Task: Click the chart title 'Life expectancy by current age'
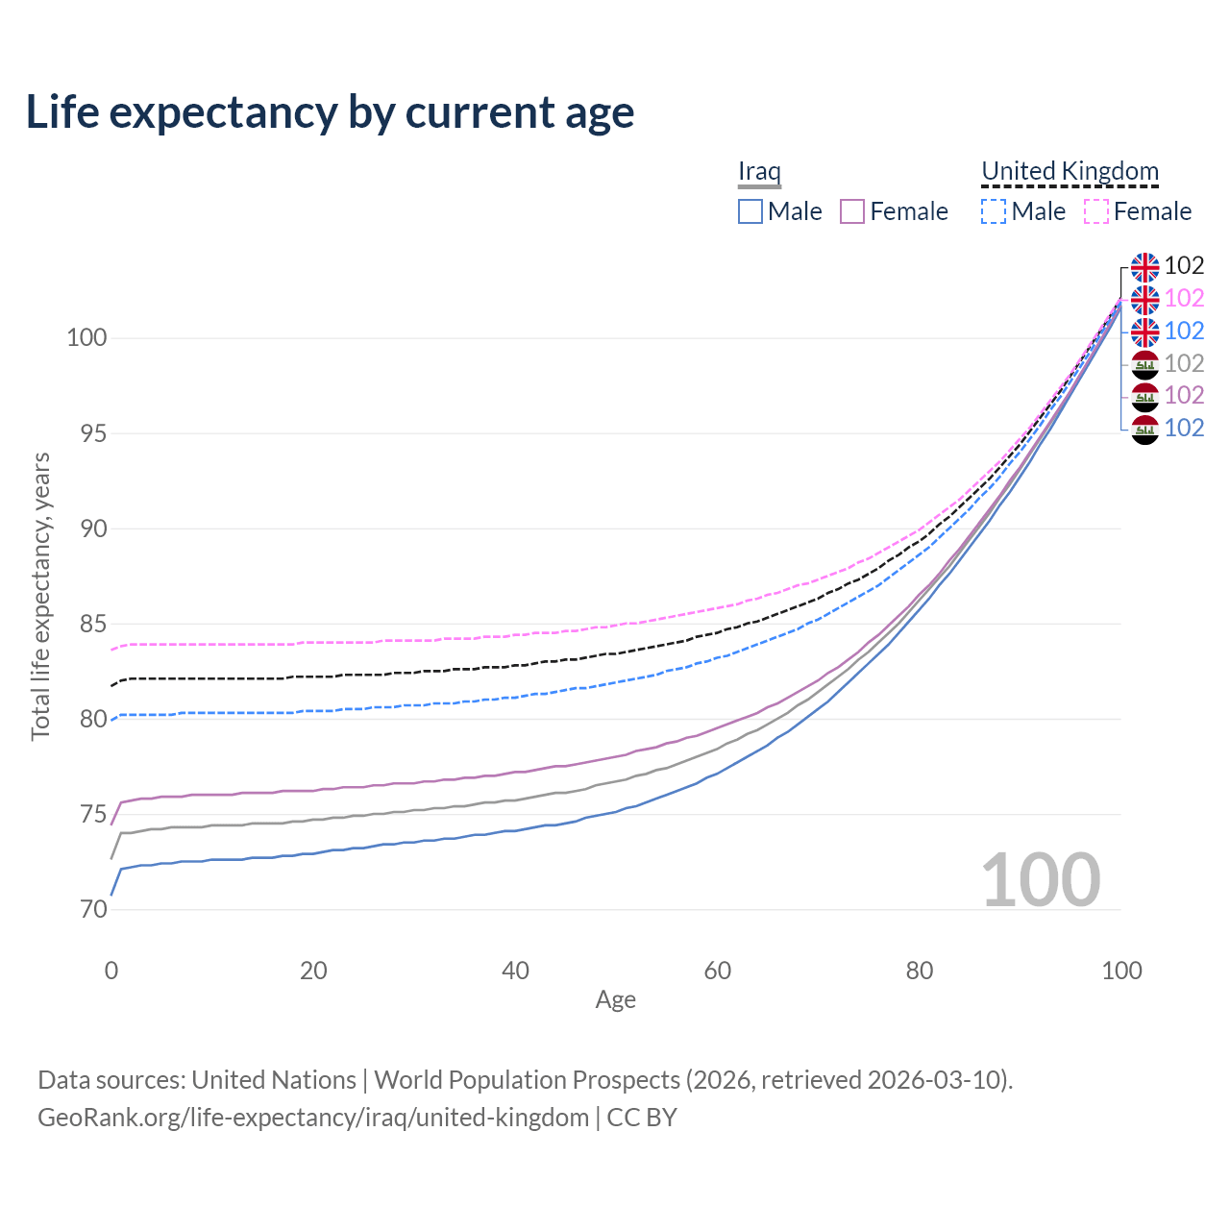coord(330,112)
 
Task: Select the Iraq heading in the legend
coord(759,171)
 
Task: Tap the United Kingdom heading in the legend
coord(1070,171)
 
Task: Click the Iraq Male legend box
coord(750,211)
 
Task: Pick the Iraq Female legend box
coord(852,211)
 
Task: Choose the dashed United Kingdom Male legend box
coord(994,211)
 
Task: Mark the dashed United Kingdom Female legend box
coord(1096,211)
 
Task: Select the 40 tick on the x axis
coord(515,971)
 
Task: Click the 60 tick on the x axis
coord(718,971)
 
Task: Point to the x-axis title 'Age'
coord(615,1000)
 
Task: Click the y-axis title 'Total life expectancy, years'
coord(40,596)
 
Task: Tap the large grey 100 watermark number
coord(1041,879)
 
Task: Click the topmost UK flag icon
coord(1144,267)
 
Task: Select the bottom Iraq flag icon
coord(1144,429)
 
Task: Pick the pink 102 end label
coord(1184,298)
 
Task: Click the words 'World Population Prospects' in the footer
coord(527,1080)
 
